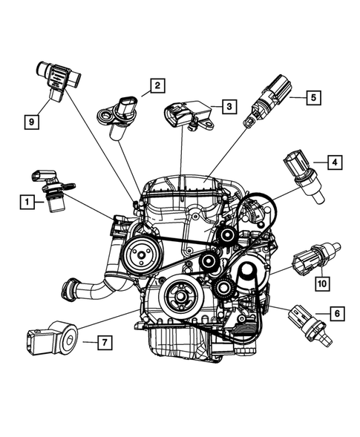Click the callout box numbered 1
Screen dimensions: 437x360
pyautogui.click(x=27, y=201)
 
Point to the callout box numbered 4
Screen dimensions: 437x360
pyautogui.click(x=335, y=161)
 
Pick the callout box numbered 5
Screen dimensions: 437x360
pyautogui.click(x=313, y=96)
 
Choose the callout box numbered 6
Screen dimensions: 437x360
pyautogui.click(x=336, y=315)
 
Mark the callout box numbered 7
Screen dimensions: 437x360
pyautogui.click(x=105, y=342)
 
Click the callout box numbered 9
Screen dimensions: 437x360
pyautogui.click(x=31, y=119)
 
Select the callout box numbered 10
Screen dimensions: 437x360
pyautogui.click(x=321, y=283)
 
